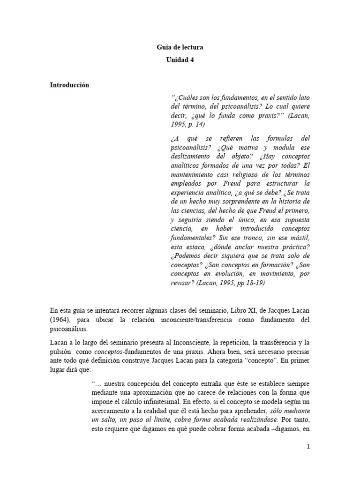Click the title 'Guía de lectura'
pos(180,47)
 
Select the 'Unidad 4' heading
pos(180,60)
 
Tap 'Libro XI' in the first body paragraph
pos(239,310)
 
